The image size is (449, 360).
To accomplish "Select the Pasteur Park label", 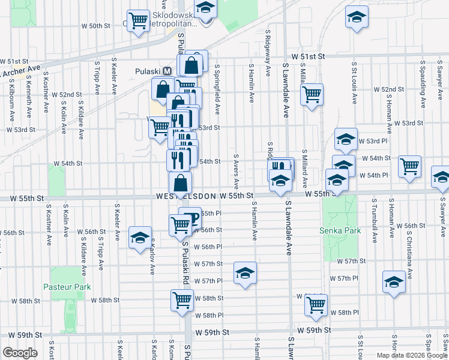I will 67,287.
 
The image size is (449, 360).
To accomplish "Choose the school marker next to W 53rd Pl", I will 346,140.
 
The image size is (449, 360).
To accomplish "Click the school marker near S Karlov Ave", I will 140,236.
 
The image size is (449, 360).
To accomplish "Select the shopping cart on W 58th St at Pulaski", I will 182,299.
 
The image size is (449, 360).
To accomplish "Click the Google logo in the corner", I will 20,352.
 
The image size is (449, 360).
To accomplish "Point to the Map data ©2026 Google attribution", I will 411,355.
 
